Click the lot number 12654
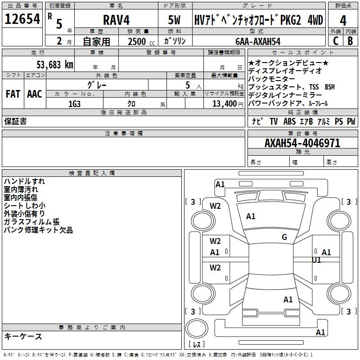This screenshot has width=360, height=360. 22,19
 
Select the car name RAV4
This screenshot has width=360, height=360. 116,20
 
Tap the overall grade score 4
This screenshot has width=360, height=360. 343,21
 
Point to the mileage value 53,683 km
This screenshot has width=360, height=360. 55,65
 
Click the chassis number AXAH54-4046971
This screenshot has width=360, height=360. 302,143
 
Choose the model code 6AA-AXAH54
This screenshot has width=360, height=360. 258,41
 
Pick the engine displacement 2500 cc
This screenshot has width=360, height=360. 141,42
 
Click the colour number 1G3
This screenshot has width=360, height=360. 74,104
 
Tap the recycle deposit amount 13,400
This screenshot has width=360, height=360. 224,104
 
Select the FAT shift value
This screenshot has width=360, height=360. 13,94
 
